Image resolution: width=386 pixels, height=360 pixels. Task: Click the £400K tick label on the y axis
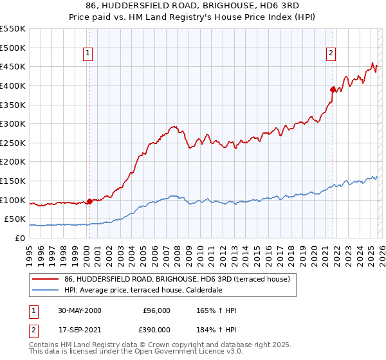click(13, 85)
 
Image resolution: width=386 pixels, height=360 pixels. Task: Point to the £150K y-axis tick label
click(13, 181)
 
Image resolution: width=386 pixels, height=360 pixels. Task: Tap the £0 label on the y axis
click(21, 239)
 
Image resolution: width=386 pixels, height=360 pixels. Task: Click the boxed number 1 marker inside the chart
click(87, 54)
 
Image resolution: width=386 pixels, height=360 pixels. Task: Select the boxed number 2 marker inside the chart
click(331, 54)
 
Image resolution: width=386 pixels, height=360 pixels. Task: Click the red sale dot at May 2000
click(90, 201)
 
